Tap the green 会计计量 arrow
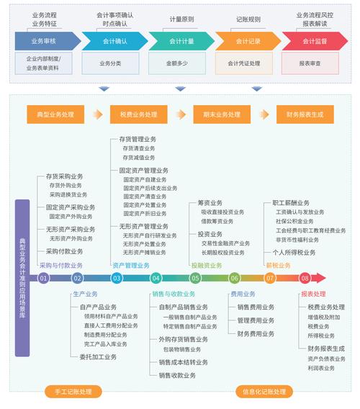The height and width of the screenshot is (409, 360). tap(181, 41)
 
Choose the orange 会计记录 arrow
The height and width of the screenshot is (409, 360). tap(248, 41)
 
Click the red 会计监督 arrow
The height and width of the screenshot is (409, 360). tap(315, 41)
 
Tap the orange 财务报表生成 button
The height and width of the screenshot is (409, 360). tap(305, 114)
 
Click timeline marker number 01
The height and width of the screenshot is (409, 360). tap(44, 278)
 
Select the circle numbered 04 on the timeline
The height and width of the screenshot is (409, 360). tap(156, 278)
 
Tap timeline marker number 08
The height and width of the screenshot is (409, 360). tap(305, 278)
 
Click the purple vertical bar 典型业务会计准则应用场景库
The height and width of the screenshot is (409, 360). tap(22, 278)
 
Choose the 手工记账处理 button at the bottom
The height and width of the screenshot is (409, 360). tap(68, 392)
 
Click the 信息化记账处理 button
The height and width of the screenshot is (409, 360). tap(264, 392)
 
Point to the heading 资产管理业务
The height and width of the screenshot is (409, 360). tap(131, 265)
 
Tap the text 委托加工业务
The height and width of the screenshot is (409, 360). tap(98, 356)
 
